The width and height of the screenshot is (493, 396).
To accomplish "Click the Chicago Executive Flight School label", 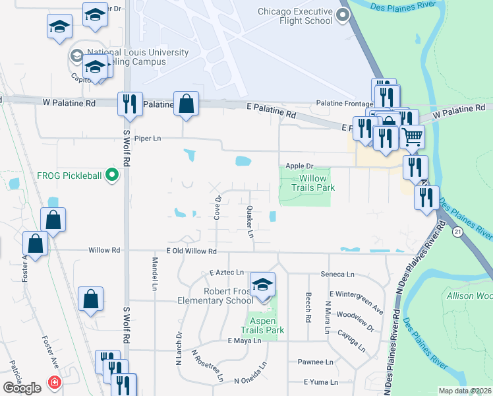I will (x=295, y=16).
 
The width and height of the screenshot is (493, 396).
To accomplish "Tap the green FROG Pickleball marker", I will (x=112, y=175).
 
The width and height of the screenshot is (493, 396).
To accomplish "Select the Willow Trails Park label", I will (x=312, y=183).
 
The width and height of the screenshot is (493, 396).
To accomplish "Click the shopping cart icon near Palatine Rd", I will (x=412, y=137).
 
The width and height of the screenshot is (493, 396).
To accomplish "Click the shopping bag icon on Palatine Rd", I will (x=187, y=104).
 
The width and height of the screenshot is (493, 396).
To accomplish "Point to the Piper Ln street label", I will (x=148, y=139).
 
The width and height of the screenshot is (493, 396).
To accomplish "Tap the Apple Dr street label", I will (x=298, y=167).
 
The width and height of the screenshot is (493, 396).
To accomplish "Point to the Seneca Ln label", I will (x=337, y=274).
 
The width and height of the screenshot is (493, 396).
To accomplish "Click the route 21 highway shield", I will (x=457, y=231).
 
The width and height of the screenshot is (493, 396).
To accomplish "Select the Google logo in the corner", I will (x=22, y=388).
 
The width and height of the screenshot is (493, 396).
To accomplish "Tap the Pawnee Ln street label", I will (x=316, y=362).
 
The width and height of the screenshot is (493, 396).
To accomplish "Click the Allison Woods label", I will (x=469, y=296).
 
